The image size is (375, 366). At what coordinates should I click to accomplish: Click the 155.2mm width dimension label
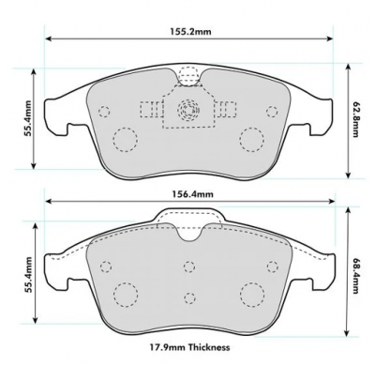click(x=190, y=31)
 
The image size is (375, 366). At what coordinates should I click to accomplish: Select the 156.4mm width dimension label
click(x=193, y=194)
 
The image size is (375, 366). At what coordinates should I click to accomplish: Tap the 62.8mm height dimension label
click(x=356, y=119)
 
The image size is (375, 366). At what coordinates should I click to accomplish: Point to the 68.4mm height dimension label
click(x=356, y=276)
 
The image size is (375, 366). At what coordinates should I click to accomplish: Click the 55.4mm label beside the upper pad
click(x=28, y=118)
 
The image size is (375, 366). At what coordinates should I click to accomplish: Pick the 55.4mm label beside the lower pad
click(x=28, y=275)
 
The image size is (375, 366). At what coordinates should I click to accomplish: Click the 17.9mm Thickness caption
click(x=188, y=347)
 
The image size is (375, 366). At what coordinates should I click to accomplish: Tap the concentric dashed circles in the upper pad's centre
click(x=187, y=110)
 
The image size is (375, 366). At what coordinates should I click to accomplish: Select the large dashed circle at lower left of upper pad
click(x=125, y=140)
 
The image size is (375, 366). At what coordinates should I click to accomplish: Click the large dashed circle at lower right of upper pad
click(x=252, y=140)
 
